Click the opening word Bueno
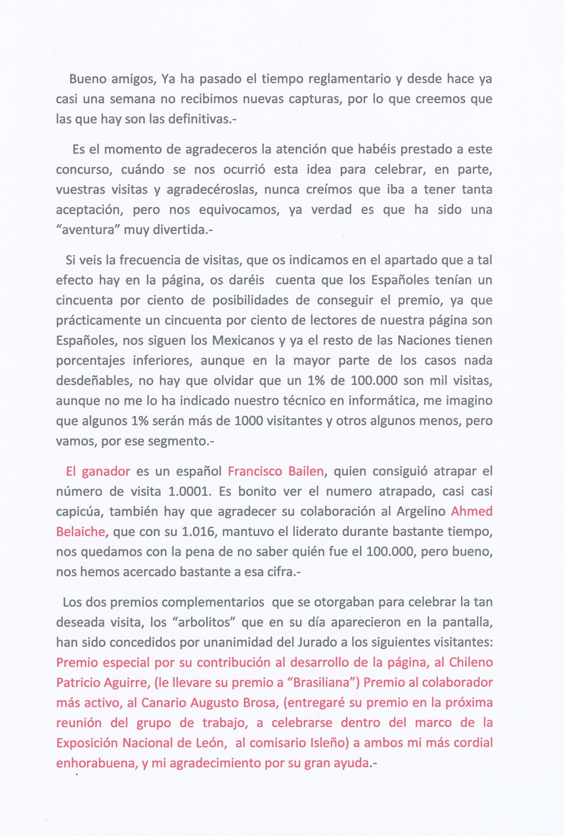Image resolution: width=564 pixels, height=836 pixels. click(x=88, y=79)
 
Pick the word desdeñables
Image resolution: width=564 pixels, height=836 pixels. click(x=93, y=381)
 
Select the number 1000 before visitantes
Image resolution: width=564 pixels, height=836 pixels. click(x=248, y=421)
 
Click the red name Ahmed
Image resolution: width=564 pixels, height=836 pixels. click(x=472, y=511)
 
